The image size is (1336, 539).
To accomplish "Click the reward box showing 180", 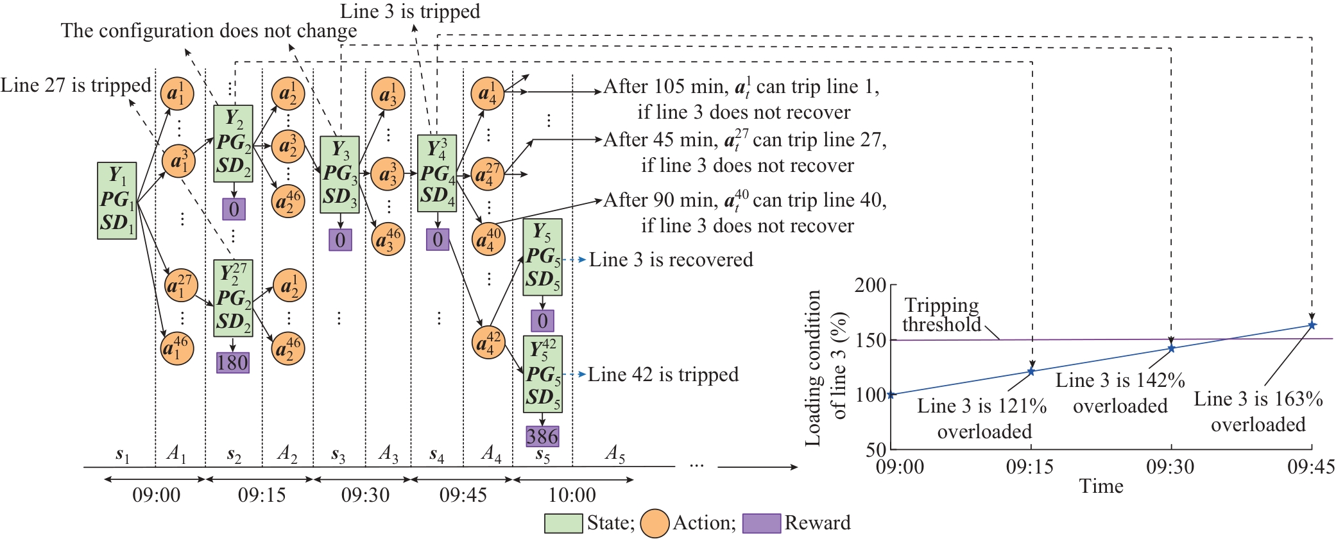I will tap(232, 363).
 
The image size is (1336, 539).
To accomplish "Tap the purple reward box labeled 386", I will tap(542, 437).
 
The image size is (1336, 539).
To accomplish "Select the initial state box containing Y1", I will tap(117, 201).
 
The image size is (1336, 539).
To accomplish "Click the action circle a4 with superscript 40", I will tap(488, 239).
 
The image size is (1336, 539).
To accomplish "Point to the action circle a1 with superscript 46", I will tap(177, 348).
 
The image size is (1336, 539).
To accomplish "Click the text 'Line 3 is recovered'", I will tap(671, 260).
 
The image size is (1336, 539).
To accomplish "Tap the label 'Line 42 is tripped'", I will tap(663, 375).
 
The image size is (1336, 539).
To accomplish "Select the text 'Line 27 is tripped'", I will tap(76, 85).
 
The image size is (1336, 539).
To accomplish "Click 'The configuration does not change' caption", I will tap(209, 31).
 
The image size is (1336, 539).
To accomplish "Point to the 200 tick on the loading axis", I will tap(870, 285).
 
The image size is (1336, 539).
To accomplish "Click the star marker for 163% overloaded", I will tap(1312, 325).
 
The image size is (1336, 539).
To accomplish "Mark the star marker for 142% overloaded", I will tap(1171, 348).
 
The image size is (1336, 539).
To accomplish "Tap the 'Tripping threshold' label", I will tap(941, 314).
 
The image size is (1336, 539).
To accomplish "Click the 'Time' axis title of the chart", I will tap(1101, 486).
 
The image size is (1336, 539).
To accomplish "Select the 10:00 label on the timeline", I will tap(572, 495).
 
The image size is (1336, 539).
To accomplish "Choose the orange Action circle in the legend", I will tap(655, 523).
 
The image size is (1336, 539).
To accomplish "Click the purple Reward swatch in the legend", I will tap(762, 523).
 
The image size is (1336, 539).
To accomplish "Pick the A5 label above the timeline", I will tap(615, 454).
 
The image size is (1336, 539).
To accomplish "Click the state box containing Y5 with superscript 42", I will tap(542, 374).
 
